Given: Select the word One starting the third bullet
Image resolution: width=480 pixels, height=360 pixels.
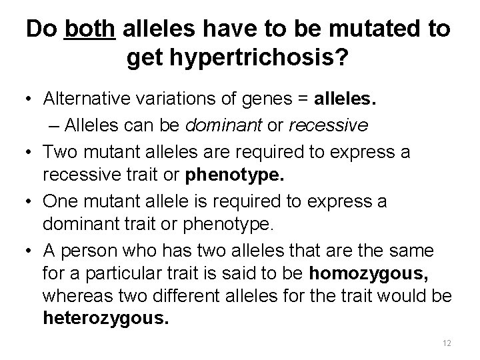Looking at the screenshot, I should coord(59,201).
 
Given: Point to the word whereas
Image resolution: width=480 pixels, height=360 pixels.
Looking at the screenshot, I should coord(73,293).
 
